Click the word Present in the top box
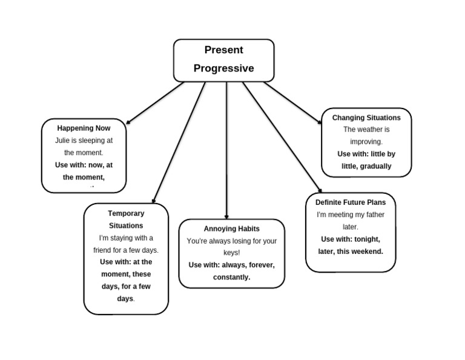point(223,50)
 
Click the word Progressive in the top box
point(223,68)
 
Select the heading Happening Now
point(84,128)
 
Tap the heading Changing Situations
point(366,118)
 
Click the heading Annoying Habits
point(231,228)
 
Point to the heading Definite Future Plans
point(351,202)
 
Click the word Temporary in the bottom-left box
point(126,213)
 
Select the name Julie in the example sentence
point(62,141)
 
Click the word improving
point(366,142)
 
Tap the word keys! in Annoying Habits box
point(231,253)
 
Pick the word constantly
point(231,277)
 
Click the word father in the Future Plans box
point(372,215)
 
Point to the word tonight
point(367,239)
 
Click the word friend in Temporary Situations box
point(104,250)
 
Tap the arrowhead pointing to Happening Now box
point(128,122)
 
